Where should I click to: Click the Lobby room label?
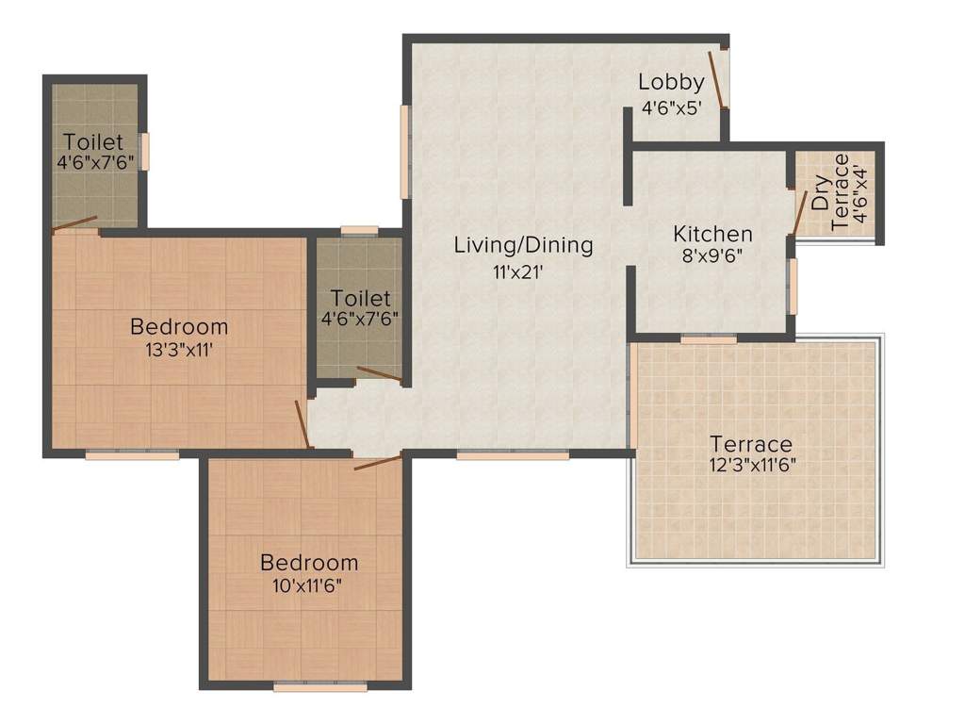[x=671, y=82]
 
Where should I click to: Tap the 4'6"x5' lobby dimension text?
[x=671, y=107]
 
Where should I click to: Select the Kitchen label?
[x=712, y=234]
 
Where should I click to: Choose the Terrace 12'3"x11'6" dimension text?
[x=751, y=464]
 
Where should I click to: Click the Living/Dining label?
[x=523, y=245]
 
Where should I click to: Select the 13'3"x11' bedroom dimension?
[x=179, y=350]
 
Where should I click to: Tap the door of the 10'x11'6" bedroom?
[x=378, y=462]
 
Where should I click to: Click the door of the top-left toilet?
[x=74, y=224]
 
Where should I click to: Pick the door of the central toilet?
[x=380, y=375]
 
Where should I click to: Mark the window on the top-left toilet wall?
[x=145, y=151]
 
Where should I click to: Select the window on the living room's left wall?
[x=405, y=152]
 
